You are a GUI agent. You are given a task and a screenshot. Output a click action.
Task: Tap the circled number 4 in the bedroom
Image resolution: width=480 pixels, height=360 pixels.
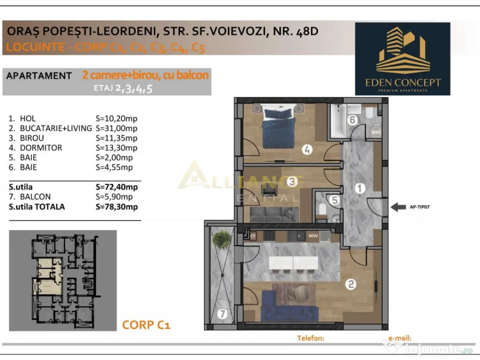pyautogui.click(x=307, y=150)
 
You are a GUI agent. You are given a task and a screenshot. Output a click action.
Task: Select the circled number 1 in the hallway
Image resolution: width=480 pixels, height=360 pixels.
pyautogui.click(x=360, y=189)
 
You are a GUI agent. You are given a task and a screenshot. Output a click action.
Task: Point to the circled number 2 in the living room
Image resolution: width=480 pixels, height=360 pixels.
pyautogui.click(x=350, y=283)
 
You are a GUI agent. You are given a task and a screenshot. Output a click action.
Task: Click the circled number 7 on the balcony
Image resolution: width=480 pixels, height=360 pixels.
pyautogui.click(x=223, y=314)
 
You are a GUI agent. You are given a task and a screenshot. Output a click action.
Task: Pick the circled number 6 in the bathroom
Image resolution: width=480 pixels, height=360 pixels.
pyautogui.click(x=353, y=120)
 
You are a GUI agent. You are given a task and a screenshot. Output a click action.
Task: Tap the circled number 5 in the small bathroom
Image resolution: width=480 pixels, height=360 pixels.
pyautogui.click(x=334, y=200)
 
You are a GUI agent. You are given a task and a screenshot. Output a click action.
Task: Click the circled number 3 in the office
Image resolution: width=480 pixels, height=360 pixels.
pyautogui.click(x=292, y=180)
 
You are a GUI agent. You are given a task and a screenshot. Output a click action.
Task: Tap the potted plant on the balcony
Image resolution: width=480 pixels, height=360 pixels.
pyautogui.click(x=222, y=240)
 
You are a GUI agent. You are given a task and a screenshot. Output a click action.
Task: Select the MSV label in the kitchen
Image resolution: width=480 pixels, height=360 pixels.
pyautogui.click(x=313, y=236)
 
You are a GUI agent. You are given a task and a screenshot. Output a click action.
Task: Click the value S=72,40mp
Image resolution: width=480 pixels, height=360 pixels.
pyautogui.click(x=117, y=187)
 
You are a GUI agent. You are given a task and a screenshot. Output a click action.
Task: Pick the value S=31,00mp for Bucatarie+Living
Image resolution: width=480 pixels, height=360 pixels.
pyautogui.click(x=116, y=128)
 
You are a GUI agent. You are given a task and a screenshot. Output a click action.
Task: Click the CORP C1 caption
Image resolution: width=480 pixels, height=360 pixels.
pyautogui.click(x=146, y=324)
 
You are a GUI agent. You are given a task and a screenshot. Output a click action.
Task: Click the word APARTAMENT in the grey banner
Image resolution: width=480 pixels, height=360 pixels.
pyautogui.click(x=39, y=76)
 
